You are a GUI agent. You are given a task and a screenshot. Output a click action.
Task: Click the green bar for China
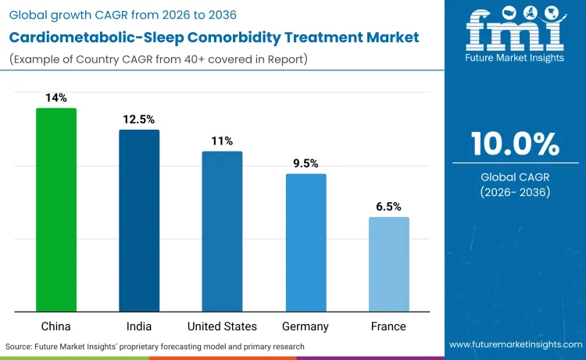[x=56, y=210]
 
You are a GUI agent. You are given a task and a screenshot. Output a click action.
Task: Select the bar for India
[x=139, y=221]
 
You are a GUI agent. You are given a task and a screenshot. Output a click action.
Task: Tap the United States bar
[x=222, y=232]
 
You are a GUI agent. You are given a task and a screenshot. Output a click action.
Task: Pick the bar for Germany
[x=306, y=243]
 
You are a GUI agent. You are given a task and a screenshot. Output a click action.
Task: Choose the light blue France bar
[x=388, y=265]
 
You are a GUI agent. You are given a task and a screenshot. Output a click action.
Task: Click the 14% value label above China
[x=56, y=98]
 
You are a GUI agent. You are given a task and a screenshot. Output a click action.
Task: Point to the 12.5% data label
[x=139, y=119]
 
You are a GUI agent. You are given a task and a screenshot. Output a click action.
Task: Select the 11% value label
[x=222, y=141]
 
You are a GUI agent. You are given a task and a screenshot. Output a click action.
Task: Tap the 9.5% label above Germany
[x=306, y=163]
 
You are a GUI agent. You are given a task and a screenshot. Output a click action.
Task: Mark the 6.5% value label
[x=388, y=207]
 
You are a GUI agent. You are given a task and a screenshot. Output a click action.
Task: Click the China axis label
[x=56, y=326]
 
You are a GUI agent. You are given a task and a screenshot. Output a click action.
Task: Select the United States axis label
[x=222, y=326]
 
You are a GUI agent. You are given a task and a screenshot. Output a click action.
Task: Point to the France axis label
[x=388, y=326]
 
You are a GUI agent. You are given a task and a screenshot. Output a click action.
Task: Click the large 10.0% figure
[x=515, y=144]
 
